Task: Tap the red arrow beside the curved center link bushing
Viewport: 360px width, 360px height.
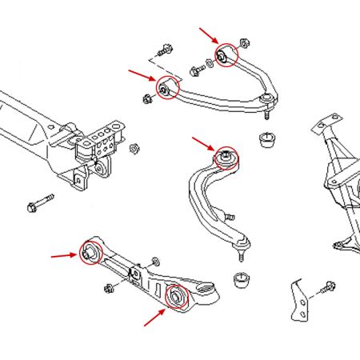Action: tap(202, 144)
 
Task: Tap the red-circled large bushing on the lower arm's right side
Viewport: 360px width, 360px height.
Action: tap(176, 297)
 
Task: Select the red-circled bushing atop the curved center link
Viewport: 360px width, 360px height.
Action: tap(227, 155)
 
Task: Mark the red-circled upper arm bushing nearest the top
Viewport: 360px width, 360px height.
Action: tap(227, 54)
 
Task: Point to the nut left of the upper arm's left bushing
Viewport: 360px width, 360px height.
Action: tap(148, 99)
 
